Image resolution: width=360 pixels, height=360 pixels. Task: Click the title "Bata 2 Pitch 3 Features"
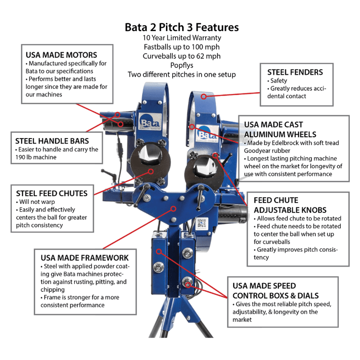point(181,27)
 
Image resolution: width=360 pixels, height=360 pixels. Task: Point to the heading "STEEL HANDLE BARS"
point(52,141)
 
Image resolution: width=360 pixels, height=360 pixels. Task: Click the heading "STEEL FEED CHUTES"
point(51,193)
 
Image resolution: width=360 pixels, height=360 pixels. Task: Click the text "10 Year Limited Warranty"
point(181,38)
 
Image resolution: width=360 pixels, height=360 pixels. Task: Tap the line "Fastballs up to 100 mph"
point(181,47)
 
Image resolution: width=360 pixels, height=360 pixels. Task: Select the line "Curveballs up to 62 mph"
point(181,56)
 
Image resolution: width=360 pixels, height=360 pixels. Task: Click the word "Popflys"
point(181,65)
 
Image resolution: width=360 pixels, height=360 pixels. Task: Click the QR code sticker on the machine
point(201,223)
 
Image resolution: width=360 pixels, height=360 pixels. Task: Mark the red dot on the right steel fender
point(204,96)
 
